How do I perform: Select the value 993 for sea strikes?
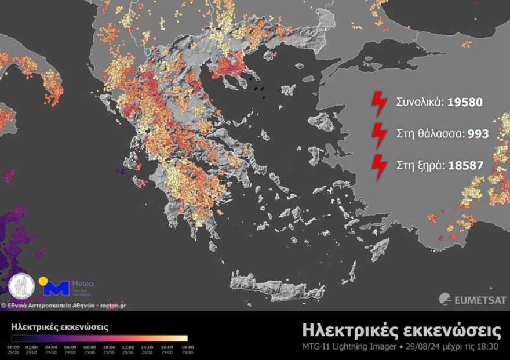[478, 134]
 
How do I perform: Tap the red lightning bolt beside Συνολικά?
[379, 103]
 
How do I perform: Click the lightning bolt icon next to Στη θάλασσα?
[379, 134]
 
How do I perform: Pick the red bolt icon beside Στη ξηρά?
[379, 166]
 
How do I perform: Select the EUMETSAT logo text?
[479, 300]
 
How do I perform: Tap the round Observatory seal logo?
[21, 286]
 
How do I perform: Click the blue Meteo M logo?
[57, 288]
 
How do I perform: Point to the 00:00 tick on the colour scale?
[12, 348]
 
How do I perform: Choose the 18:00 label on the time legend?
[187, 348]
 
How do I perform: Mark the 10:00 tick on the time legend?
[109, 348]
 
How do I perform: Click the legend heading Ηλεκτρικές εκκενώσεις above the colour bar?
[60, 327]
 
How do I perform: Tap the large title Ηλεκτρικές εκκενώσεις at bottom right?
[401, 330]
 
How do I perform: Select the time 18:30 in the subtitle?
[490, 347]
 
